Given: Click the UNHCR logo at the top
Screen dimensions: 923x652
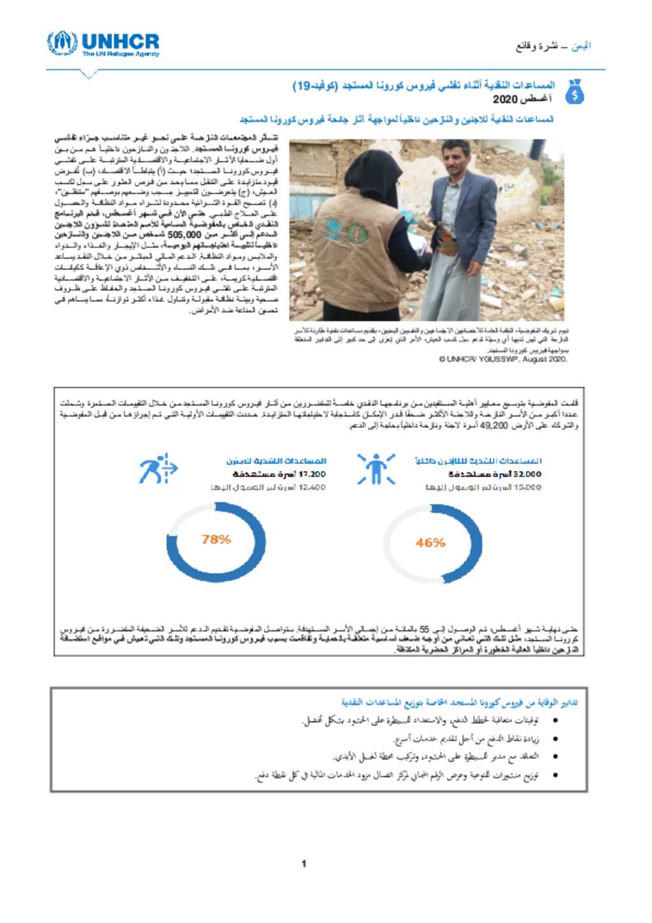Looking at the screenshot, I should pyautogui.click(x=103, y=44).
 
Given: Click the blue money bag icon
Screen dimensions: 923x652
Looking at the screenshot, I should pyautogui.click(x=574, y=92).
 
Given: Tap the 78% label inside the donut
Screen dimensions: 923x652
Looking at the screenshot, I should pyautogui.click(x=216, y=540).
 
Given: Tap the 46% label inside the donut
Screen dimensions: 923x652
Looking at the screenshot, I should pyautogui.click(x=430, y=543).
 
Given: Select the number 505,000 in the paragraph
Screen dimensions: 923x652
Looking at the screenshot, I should pyautogui.click(x=184, y=235).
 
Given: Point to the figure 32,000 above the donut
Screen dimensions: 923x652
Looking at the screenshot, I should pyautogui.click(x=527, y=474).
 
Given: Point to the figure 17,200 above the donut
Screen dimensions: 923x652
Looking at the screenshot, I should pyautogui.click(x=312, y=474).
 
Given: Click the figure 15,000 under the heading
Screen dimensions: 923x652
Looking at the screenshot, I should pyautogui.click(x=528, y=487).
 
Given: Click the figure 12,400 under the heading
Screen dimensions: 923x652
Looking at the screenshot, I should pyautogui.click(x=312, y=487).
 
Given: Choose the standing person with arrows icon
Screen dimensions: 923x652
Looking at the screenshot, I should pyautogui.click(x=376, y=469).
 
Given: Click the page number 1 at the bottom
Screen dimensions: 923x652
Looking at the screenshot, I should pyautogui.click(x=304, y=864).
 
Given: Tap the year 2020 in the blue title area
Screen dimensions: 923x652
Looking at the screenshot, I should pyautogui.click(x=505, y=99).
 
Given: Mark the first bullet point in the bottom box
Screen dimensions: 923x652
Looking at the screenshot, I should pyautogui.click(x=556, y=720).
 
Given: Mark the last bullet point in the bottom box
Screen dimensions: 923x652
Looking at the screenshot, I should pyautogui.click(x=556, y=775).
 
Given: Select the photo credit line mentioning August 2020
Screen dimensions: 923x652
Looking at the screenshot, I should pyautogui.click(x=503, y=359).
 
